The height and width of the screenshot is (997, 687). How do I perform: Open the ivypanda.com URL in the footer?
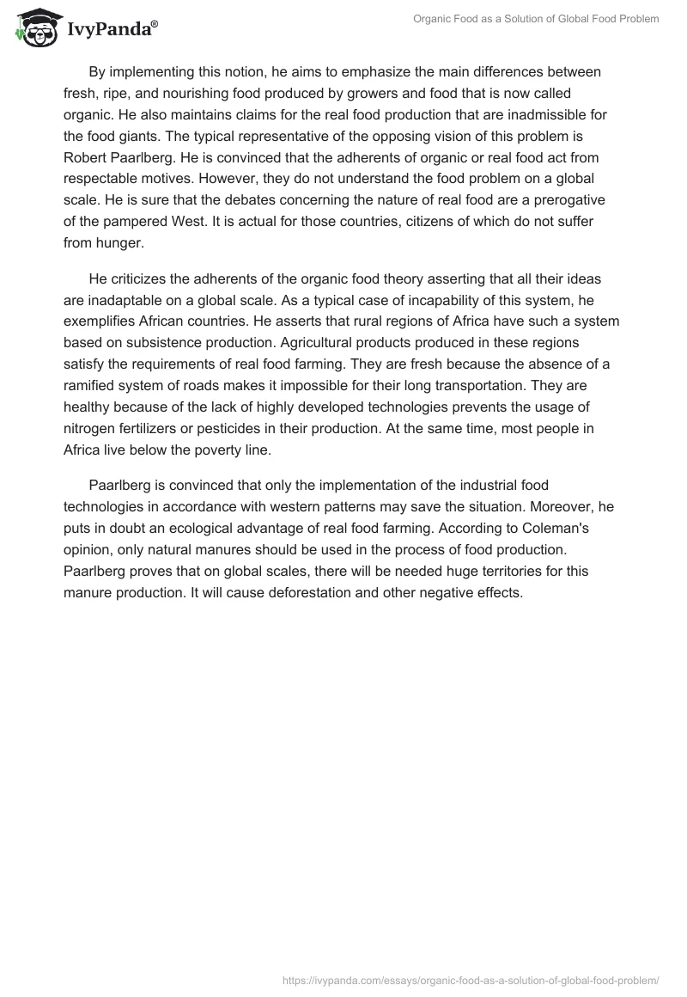[x=471, y=979]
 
